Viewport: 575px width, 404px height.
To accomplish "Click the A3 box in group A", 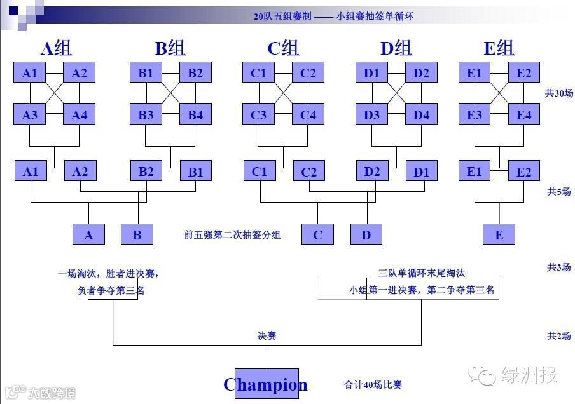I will click(30, 114).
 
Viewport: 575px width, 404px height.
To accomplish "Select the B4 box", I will click(195, 114).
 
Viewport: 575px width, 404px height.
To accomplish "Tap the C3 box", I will click(258, 114).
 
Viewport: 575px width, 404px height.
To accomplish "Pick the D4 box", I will click(421, 114).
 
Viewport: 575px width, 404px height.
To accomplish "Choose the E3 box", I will click(475, 114).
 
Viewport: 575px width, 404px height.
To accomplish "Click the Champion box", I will click(266, 384).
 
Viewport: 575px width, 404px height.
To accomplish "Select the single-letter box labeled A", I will click(88, 234).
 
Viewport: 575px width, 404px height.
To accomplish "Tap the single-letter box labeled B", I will click(137, 234).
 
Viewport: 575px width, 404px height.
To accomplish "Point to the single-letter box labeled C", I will click(317, 234).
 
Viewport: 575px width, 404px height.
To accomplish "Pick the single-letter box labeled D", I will click(366, 234).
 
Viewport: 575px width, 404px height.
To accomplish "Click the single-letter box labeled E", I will click(499, 234).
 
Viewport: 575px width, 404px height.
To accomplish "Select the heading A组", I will click(56, 48).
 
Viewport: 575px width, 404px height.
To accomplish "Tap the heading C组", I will click(282, 48).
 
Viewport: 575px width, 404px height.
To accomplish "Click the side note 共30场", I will click(558, 93).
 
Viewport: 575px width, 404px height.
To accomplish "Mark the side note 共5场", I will click(558, 191).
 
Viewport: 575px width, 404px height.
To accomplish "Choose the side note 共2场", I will click(558, 336).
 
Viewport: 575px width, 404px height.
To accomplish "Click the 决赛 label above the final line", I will click(267, 335).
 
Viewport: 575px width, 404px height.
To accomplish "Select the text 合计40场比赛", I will click(373, 384).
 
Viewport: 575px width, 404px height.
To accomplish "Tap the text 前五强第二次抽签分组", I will click(232, 234).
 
